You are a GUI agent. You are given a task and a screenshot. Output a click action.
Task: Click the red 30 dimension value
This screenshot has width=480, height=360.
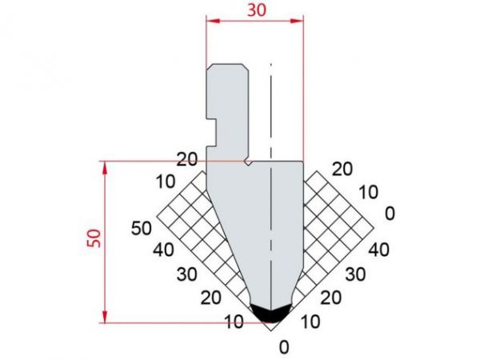tap(256, 9)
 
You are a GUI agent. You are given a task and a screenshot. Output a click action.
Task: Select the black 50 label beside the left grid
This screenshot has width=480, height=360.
tap(141, 228)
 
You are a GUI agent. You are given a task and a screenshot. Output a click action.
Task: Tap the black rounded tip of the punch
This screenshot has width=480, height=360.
tap(270, 314)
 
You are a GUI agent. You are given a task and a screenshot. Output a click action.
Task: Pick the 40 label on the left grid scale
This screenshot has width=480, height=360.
tap(165, 250)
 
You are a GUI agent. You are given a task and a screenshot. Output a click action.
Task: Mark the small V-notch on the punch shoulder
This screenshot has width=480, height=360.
tap(250, 162)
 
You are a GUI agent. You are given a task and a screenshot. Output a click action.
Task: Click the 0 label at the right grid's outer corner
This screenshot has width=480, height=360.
tap(390, 214)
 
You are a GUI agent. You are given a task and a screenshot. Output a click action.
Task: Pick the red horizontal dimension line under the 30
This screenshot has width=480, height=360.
tap(255, 21)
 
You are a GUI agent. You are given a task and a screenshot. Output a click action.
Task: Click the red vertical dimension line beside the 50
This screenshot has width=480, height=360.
tap(105, 240)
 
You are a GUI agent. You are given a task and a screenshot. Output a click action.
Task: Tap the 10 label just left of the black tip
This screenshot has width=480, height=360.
tap(235, 322)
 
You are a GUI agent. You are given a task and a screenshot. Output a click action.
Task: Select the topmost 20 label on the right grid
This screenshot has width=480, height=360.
tap(342, 169)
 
